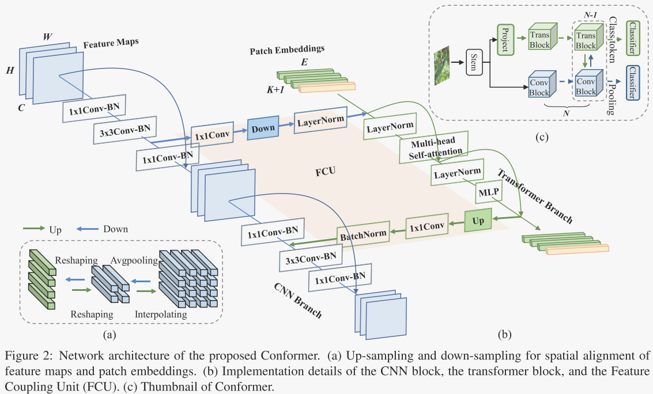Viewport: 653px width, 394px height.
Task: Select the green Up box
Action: [478, 221]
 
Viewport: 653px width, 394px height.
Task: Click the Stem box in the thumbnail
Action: [473, 62]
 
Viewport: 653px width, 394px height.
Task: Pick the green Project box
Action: [504, 40]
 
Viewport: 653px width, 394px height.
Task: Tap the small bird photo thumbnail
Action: [442, 65]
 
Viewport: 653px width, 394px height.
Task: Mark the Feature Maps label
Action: [111, 44]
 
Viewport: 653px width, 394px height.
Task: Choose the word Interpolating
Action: [161, 315]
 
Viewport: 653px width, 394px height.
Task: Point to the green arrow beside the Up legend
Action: [35, 229]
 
